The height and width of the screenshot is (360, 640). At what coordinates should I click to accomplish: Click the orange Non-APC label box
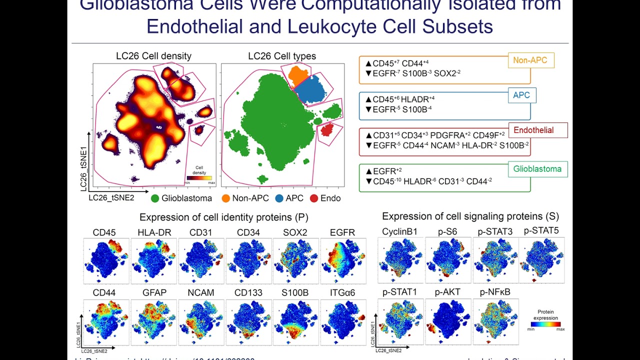530,61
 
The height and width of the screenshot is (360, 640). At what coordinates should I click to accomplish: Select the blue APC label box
521,95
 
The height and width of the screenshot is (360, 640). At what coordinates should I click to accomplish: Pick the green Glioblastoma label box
537,169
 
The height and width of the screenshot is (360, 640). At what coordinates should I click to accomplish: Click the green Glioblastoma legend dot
155,198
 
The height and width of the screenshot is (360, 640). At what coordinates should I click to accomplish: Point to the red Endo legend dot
314,198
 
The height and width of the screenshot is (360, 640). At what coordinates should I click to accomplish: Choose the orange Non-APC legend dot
225,198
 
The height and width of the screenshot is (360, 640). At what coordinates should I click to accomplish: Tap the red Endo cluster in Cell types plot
327,130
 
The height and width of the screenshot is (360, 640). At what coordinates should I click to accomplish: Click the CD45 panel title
104,232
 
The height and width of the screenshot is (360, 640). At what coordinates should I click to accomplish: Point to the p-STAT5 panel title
541,231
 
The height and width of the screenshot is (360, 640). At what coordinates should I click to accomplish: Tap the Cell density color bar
199,177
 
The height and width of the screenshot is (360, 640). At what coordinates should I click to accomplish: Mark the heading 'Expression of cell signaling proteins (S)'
470,216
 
